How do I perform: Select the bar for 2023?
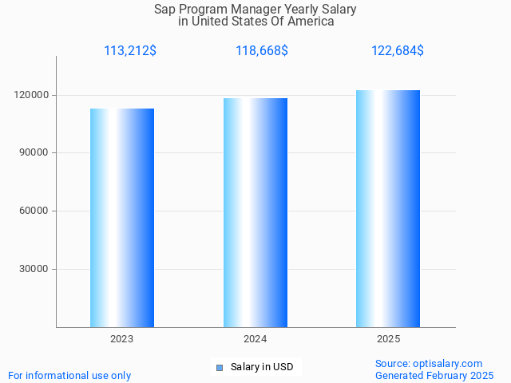click(x=122, y=218)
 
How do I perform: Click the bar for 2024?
click(x=255, y=212)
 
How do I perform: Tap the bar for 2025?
click(x=388, y=208)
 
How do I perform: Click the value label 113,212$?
click(x=130, y=51)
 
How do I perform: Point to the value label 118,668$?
click(x=262, y=51)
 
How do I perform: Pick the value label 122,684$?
click(x=397, y=51)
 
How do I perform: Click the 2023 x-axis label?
click(x=122, y=339)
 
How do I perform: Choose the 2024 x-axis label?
click(x=255, y=339)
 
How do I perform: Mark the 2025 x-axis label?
click(x=388, y=339)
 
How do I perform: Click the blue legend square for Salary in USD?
click(x=220, y=368)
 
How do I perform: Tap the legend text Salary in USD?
click(x=262, y=367)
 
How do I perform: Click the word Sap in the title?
click(x=164, y=10)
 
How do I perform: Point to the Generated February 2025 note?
click(x=434, y=375)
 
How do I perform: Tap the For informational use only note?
click(x=69, y=375)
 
